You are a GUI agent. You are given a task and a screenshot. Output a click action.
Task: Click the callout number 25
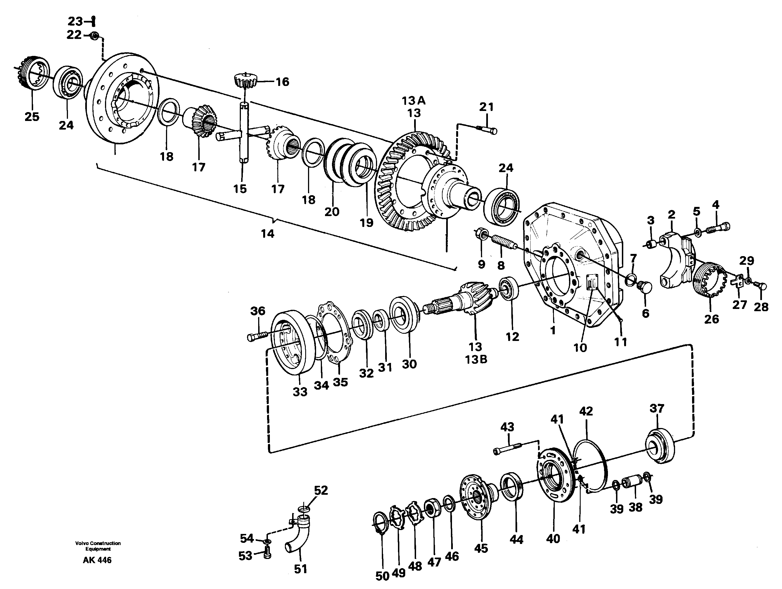[x=32, y=117]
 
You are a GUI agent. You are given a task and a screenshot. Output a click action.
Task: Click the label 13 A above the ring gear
[x=413, y=101]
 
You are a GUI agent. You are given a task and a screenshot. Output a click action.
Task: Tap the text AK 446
[x=97, y=560]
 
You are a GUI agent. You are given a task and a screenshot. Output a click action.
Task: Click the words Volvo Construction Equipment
[x=98, y=546]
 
